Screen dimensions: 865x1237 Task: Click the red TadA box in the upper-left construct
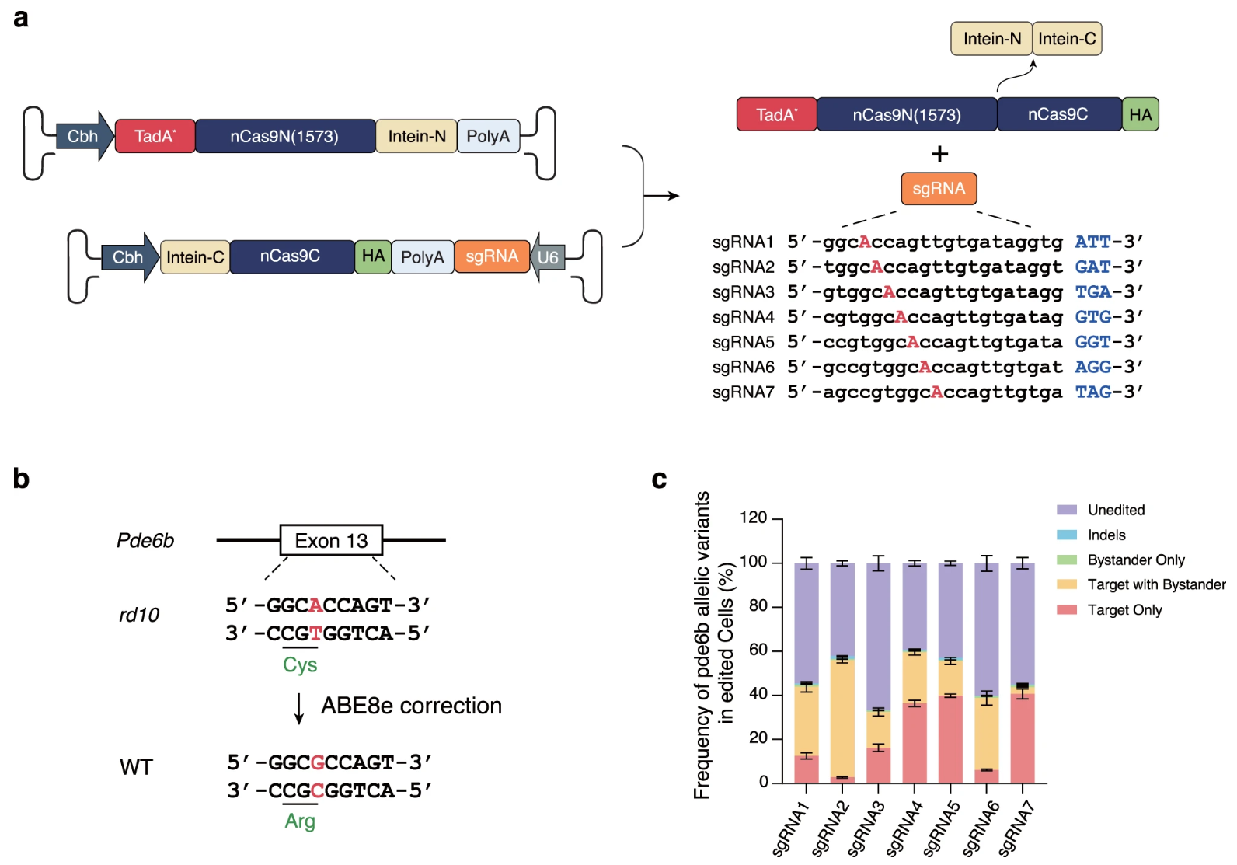click(155, 136)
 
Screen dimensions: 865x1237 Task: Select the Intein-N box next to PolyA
click(416, 136)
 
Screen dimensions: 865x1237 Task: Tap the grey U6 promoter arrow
click(547, 257)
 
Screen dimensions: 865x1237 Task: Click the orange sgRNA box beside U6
click(492, 256)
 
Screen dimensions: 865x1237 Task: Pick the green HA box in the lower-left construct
click(373, 256)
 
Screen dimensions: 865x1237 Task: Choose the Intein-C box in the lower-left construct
click(195, 257)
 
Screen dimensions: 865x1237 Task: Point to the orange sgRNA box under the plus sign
click(939, 188)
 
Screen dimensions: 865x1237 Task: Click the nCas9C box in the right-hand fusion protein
click(1058, 114)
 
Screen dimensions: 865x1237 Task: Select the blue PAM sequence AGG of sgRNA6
click(1092, 367)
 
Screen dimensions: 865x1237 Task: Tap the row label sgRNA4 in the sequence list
click(743, 317)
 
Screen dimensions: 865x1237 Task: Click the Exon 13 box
click(331, 540)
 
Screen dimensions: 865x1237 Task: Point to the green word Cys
click(300, 664)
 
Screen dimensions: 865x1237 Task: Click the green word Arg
click(300, 821)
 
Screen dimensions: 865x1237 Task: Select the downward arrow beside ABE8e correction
click(299, 707)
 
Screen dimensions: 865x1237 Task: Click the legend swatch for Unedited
click(1067, 510)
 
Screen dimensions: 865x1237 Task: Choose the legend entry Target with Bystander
click(1155, 584)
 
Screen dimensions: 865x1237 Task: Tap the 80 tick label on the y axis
click(758, 605)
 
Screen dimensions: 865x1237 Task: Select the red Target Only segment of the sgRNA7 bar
click(1022, 738)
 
